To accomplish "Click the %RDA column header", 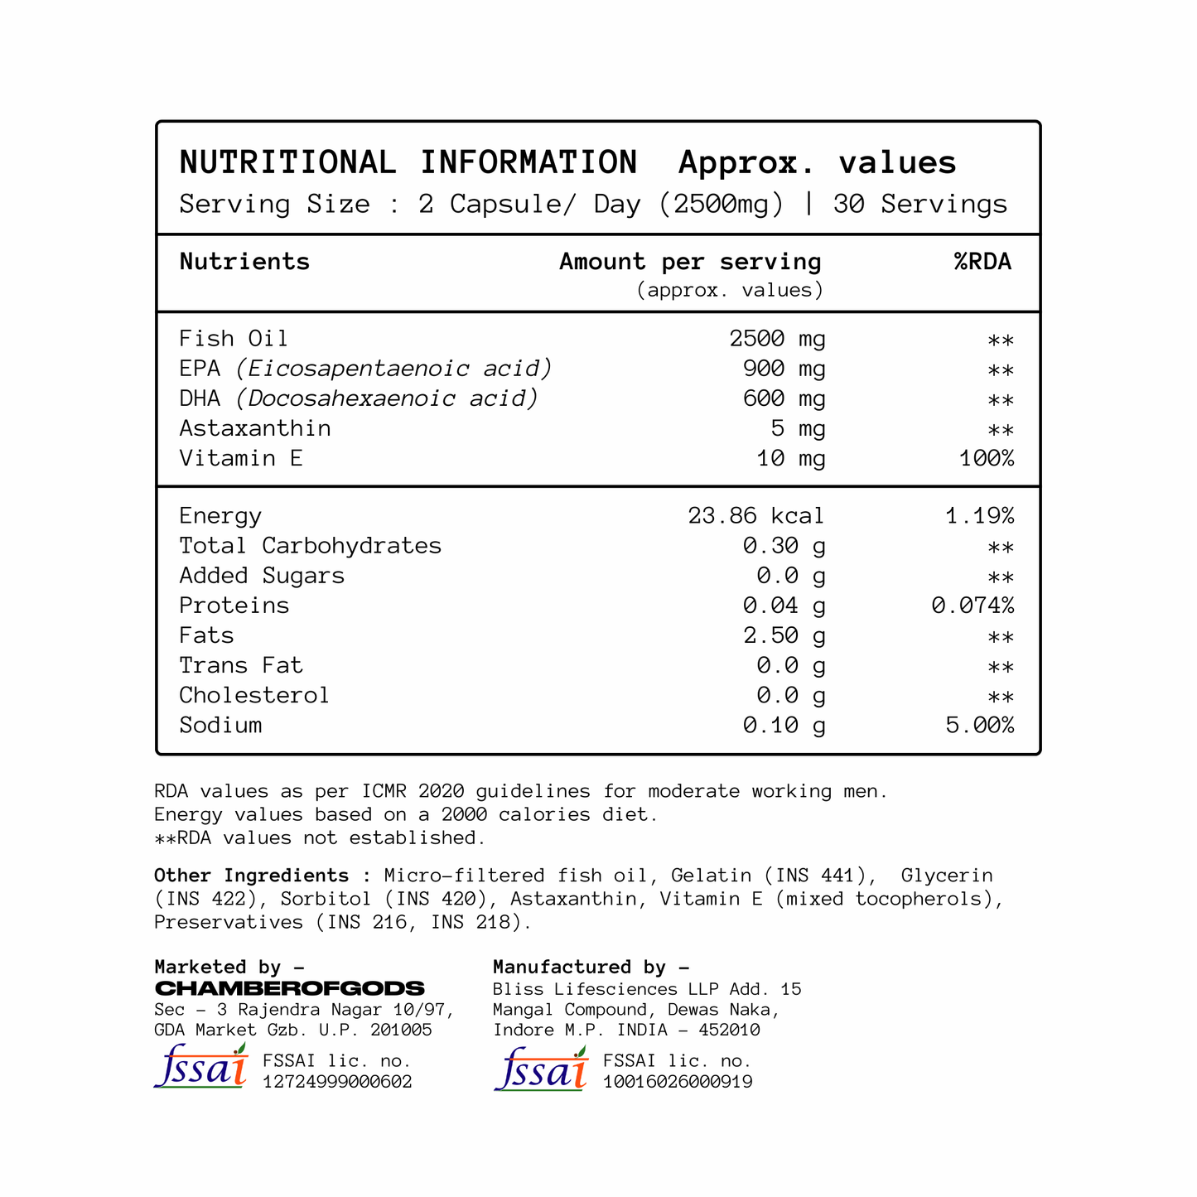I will (982, 262).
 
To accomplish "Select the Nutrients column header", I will (244, 262).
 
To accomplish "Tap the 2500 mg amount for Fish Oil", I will (777, 339).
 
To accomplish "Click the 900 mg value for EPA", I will (784, 369).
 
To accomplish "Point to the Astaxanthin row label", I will (255, 428).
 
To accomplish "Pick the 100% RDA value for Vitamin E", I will (987, 458).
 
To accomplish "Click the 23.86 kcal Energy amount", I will (755, 516).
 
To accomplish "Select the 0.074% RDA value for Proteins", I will (973, 606).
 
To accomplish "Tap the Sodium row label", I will (220, 725).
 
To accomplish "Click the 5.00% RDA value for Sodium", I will (979, 725).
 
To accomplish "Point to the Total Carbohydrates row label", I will (311, 546).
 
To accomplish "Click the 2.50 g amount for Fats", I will (784, 635).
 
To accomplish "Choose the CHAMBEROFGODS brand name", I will (290, 988).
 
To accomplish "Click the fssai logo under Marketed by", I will (201, 1066).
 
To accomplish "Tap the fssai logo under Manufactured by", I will (541, 1069).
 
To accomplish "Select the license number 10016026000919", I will (678, 1082).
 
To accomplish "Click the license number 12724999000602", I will (337, 1082).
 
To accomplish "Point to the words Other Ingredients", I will (252, 876).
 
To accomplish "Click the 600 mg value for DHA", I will (784, 398).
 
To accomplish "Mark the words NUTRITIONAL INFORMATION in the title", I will (408, 162).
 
